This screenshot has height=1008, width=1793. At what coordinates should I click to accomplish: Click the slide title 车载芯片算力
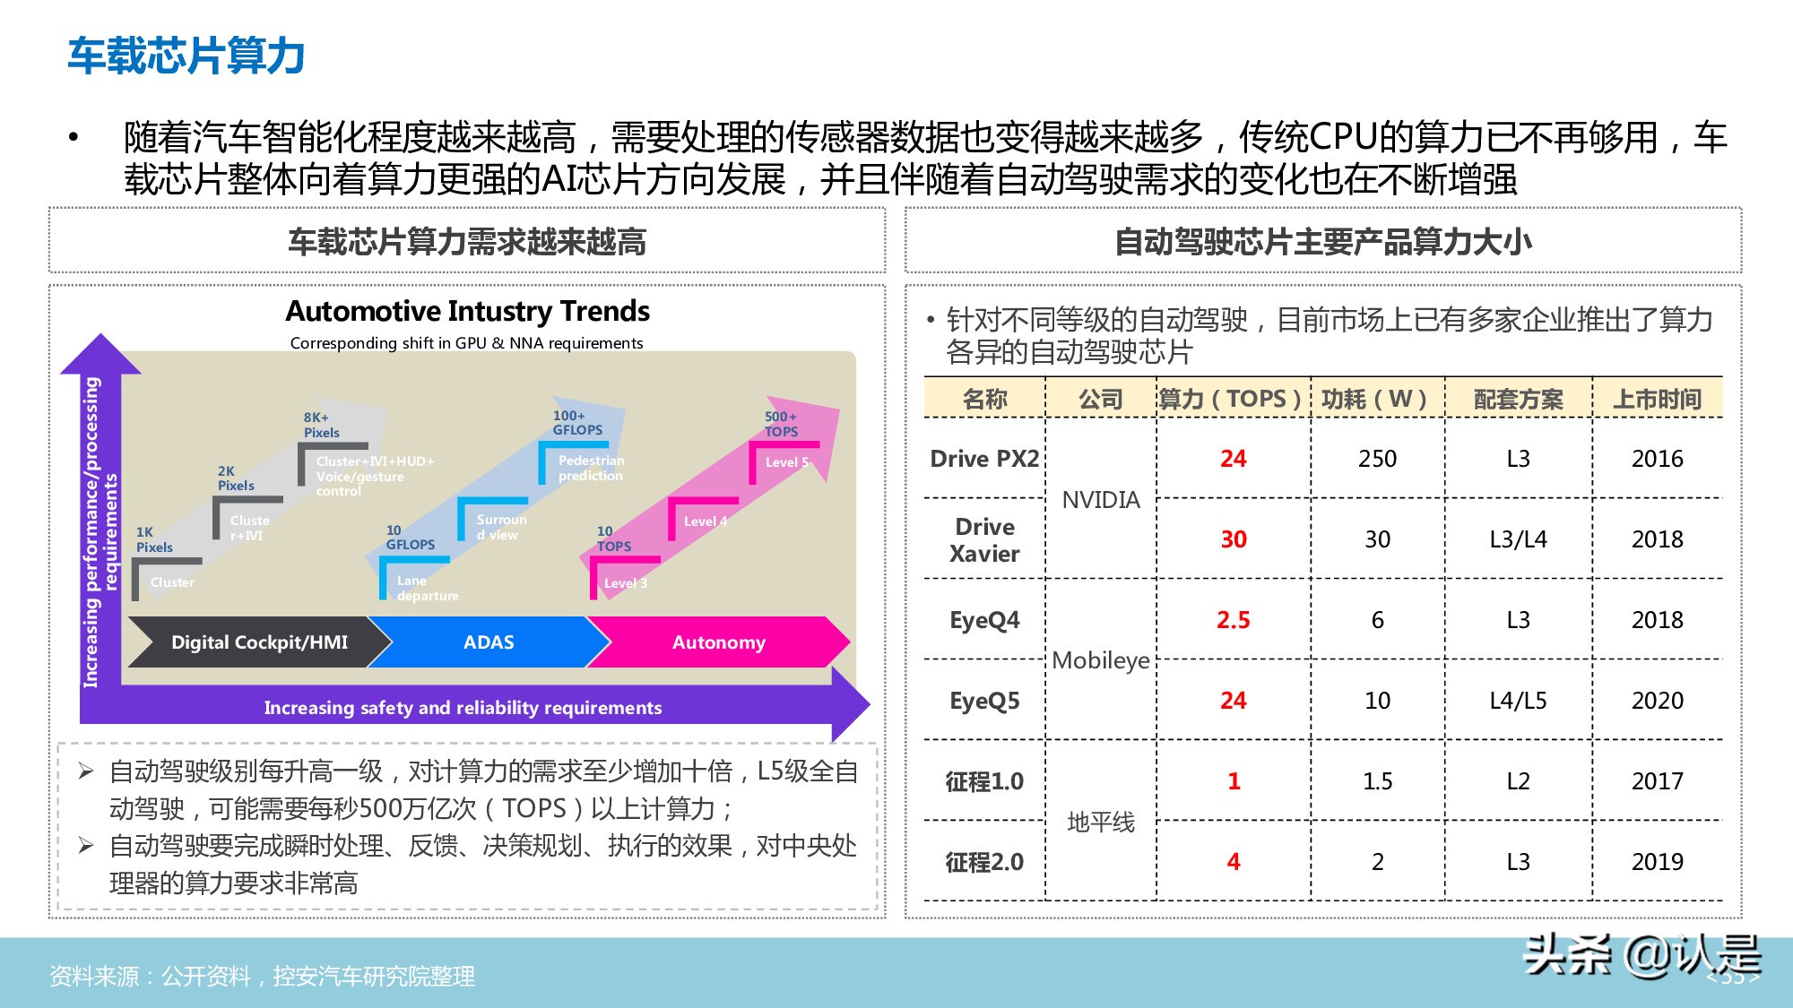pos(186,56)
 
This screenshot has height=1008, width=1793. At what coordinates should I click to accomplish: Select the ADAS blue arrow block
pos(489,642)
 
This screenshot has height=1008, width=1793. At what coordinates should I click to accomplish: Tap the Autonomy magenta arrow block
pos(718,642)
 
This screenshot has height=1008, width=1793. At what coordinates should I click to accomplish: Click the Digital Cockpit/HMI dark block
pos(259,642)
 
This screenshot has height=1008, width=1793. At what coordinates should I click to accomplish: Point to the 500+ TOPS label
pos(781,424)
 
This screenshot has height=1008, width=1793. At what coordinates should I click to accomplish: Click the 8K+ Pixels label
pos(321,425)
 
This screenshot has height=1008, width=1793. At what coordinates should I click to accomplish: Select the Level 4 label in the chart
pos(705,521)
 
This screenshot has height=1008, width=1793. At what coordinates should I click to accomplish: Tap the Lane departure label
pos(427,588)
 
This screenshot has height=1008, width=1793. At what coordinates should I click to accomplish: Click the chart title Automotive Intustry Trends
pos(467,311)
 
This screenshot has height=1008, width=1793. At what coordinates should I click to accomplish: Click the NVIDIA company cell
pos(1101,500)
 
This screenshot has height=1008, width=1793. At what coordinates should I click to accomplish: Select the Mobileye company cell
pos(1101,660)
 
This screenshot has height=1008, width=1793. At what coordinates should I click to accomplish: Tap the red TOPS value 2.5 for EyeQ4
pos(1233,620)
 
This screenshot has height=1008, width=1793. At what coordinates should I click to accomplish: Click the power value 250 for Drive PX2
pos(1377,459)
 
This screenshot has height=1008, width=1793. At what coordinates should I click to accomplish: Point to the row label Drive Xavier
pos(984,539)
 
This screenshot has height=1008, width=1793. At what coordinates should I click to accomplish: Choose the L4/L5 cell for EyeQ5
pos(1518,701)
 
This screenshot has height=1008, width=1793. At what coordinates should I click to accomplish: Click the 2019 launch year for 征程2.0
pos(1657,862)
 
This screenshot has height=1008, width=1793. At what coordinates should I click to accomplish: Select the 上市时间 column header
pos(1657,399)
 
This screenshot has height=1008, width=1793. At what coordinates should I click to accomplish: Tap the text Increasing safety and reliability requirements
pos(463,708)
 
